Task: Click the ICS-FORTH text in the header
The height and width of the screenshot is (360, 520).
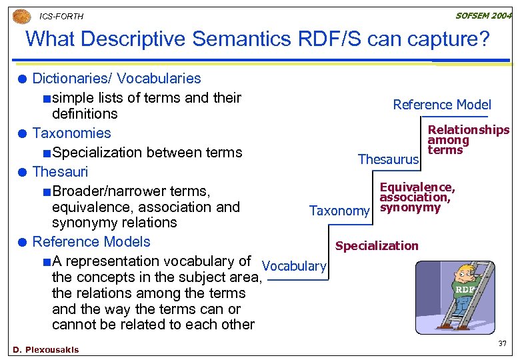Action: tap(61, 16)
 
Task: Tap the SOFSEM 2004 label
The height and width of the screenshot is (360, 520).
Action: tap(483, 15)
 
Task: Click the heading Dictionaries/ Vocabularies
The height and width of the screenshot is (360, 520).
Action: tap(116, 78)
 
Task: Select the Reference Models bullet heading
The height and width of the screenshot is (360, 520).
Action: tap(91, 241)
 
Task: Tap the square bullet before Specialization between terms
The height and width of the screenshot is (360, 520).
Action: tap(45, 153)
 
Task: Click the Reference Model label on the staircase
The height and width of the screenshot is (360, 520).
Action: tap(441, 105)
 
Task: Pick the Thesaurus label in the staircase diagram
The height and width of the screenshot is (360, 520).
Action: tap(388, 159)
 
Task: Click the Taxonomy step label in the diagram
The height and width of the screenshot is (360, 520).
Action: tap(339, 211)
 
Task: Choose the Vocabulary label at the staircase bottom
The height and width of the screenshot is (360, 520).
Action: tap(294, 266)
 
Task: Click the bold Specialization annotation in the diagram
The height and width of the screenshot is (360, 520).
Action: tap(377, 246)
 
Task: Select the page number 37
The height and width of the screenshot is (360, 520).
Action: tap(503, 343)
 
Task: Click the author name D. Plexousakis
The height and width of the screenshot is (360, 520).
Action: tap(45, 350)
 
